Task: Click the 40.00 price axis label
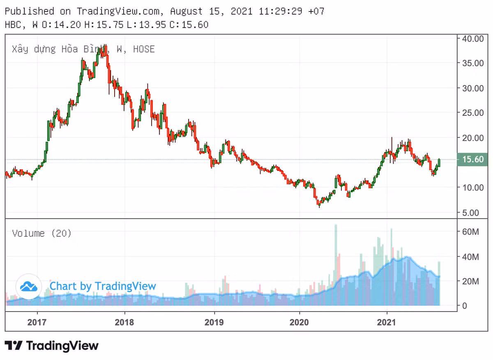click(473, 39)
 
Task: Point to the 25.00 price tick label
click(473, 113)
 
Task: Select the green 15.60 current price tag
click(472, 159)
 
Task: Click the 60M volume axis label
click(470, 232)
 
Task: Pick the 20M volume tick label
click(470, 282)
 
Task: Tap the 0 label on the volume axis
click(465, 306)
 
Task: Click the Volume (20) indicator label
click(42, 233)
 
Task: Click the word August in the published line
click(185, 11)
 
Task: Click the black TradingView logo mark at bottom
click(14, 346)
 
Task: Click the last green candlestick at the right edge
click(439, 163)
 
